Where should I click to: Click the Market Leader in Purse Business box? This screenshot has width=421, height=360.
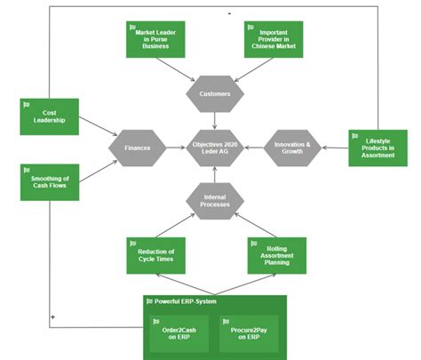pyautogui.click(x=155, y=38)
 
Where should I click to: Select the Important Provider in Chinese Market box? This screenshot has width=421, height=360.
pyautogui.click(x=274, y=38)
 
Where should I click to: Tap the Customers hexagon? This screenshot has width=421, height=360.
pyautogui.click(x=215, y=92)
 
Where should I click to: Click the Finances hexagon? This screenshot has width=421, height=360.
pyautogui.click(x=138, y=148)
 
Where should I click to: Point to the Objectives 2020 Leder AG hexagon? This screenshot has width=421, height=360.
pyautogui.click(x=215, y=148)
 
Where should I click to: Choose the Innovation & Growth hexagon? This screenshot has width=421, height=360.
pyautogui.click(x=292, y=148)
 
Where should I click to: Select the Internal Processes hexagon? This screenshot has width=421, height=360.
pyautogui.click(x=215, y=201)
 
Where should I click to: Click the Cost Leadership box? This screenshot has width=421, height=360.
pyautogui.click(x=49, y=116)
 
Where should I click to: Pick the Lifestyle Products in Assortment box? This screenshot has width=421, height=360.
pyautogui.click(x=377, y=148)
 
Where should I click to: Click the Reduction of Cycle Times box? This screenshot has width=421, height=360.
pyautogui.click(x=155, y=255)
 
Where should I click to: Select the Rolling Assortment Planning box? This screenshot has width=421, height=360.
pyautogui.click(x=276, y=255)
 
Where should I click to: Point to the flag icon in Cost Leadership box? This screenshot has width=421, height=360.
pyautogui.click(x=27, y=104)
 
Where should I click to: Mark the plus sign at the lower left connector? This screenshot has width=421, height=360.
pyautogui.click(x=54, y=316)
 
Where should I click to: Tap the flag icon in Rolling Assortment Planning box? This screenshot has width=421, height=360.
pyautogui.click(x=254, y=243)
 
